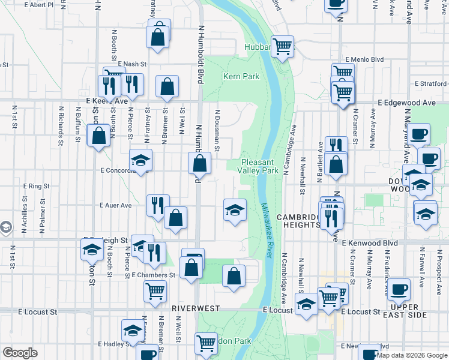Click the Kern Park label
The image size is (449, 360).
point(241,77)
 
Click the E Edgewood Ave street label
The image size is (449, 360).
point(406,103)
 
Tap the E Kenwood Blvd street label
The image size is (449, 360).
point(370,243)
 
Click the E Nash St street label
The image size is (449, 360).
point(132,64)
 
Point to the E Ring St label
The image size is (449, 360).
point(35,187)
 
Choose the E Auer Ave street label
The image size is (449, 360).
point(116,205)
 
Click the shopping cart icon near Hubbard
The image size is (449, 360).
point(282,46)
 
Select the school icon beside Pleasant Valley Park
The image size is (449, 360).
point(234,209)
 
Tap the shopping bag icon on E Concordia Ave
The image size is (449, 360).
point(199,163)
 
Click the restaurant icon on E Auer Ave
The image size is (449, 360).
point(158,205)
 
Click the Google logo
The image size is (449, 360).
point(20,353)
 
